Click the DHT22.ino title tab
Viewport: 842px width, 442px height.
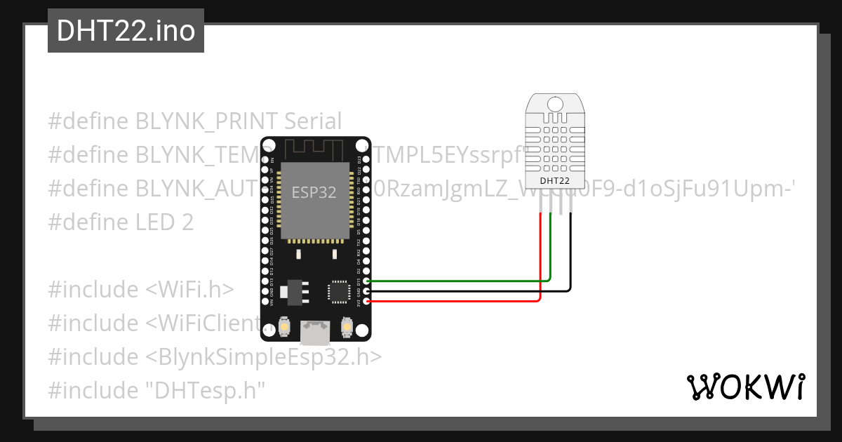tap(126, 31)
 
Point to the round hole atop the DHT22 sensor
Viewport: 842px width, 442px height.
tap(555, 104)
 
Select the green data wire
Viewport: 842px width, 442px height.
tap(456, 281)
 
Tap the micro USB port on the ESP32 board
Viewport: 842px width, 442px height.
tap(315, 332)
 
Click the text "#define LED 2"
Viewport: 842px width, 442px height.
tap(121, 222)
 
